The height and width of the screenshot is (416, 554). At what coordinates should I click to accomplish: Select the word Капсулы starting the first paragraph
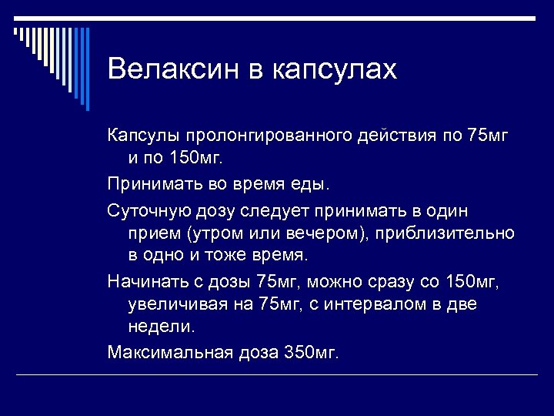click(x=138, y=137)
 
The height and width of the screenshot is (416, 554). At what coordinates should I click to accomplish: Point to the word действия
click(x=399, y=137)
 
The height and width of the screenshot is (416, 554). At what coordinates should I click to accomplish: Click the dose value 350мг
click(x=311, y=353)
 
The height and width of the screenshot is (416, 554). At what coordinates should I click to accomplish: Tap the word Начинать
click(x=143, y=281)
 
